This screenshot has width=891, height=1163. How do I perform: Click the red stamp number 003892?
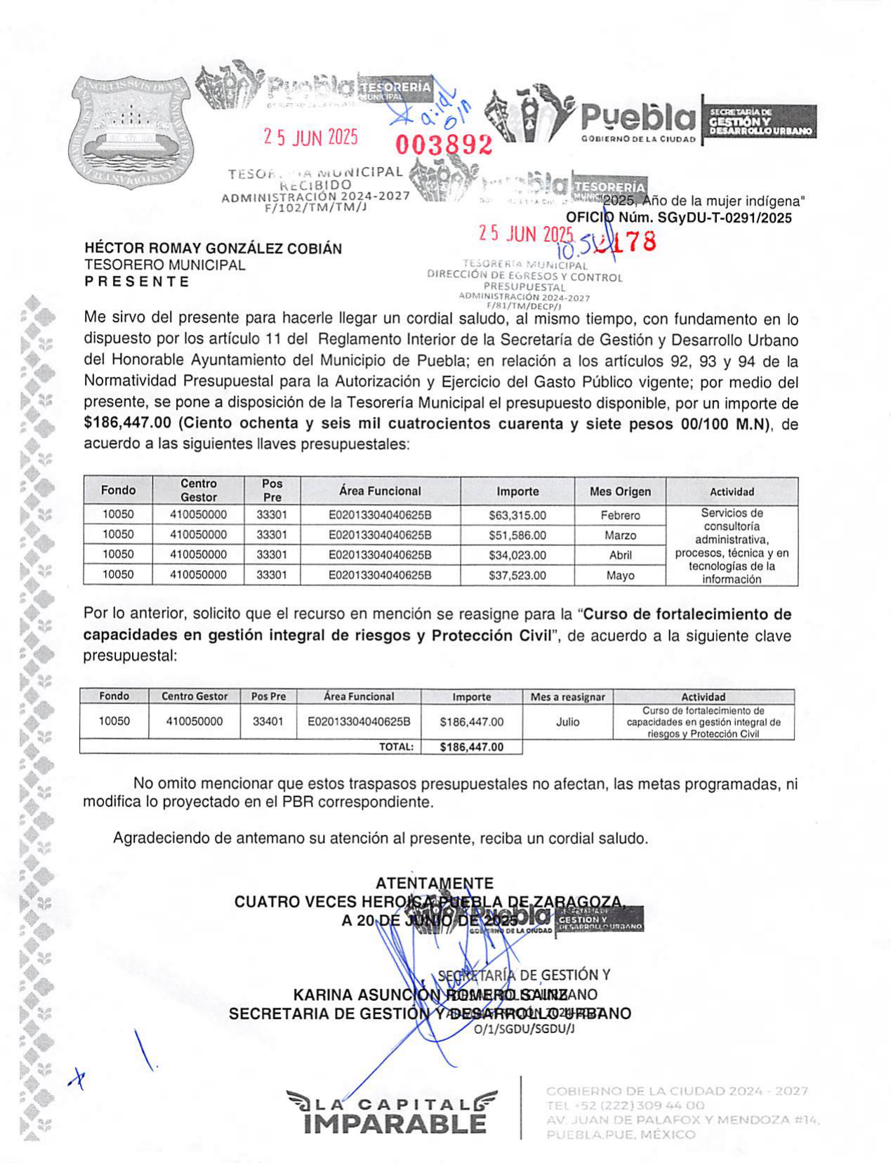coord(444,145)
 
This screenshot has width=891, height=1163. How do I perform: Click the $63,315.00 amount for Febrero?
coord(517,515)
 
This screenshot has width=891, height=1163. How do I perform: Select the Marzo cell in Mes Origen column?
coord(620,536)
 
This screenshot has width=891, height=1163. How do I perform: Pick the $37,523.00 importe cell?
coord(517,576)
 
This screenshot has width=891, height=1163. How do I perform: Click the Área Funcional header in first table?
coord(380,491)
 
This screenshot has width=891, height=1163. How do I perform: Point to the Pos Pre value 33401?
coord(268,722)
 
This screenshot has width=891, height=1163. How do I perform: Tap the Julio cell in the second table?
coord(567,722)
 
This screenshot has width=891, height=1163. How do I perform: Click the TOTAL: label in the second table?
coord(396,747)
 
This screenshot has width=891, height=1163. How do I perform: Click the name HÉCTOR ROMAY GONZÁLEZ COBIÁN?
coord(213,248)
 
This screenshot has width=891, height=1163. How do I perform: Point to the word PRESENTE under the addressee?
coord(137,281)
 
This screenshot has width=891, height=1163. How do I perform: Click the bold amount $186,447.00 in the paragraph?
coord(127,424)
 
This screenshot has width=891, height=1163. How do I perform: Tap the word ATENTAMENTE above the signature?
coord(434,883)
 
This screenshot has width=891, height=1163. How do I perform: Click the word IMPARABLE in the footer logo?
coord(395,1124)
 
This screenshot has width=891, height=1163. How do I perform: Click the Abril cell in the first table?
coord(620,555)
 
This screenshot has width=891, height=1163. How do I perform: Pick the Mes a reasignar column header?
coord(567,697)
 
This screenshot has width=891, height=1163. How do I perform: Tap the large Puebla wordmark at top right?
coord(638,118)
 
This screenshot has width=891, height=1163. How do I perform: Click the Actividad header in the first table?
coord(732,492)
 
